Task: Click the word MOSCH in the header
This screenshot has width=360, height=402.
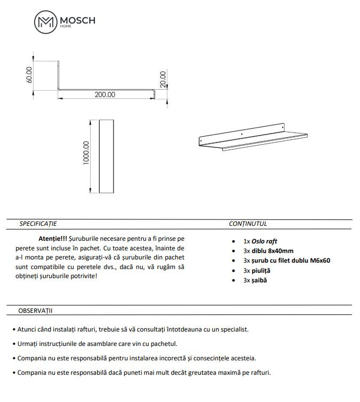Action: click(x=77, y=20)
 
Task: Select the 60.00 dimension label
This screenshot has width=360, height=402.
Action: click(x=29, y=74)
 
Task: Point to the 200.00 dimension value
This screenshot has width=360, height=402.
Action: click(x=105, y=94)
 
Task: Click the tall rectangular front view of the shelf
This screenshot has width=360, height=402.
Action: click(x=107, y=156)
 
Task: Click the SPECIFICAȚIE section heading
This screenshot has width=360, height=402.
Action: click(x=38, y=224)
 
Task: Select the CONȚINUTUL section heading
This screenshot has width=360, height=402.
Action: click(x=248, y=224)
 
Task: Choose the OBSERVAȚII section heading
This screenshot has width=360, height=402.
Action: click(x=35, y=310)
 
